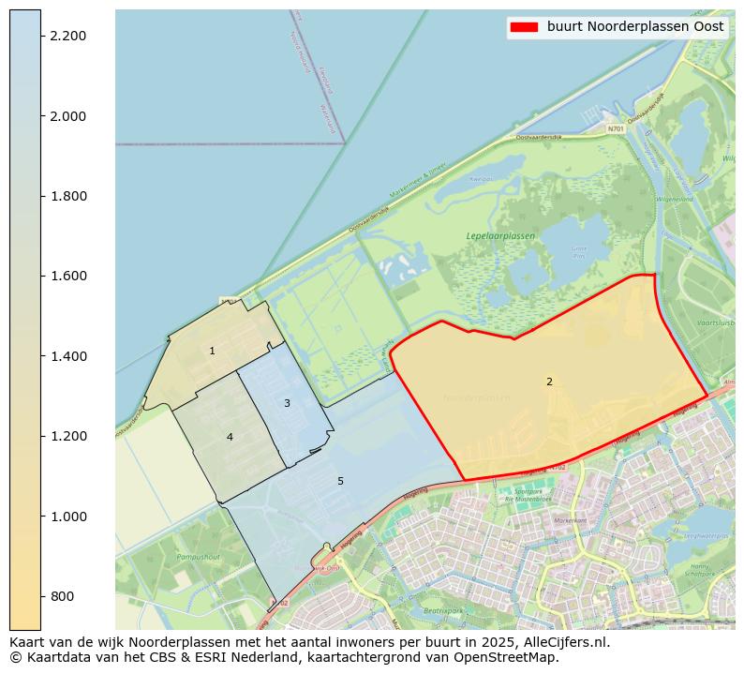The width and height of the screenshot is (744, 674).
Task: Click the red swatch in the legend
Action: coord(524,27)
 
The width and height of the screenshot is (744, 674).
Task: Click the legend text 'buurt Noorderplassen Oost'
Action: coord(635,27)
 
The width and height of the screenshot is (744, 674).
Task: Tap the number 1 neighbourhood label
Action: coord(212,352)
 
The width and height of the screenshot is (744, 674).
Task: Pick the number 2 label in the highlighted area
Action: coord(549,382)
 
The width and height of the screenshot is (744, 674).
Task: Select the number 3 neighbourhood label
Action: coord(287,403)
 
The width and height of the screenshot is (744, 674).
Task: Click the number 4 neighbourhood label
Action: coord(230,437)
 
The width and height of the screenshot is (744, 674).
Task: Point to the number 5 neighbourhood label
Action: coord(340,481)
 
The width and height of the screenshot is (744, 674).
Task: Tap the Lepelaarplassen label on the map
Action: coord(500,236)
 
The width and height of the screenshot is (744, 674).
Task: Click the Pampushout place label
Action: coord(197,557)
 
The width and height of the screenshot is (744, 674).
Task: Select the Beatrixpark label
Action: coord(443,610)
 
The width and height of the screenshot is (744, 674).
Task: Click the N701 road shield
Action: coord(615,128)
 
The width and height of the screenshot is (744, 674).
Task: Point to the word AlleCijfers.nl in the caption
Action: coord(564,642)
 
